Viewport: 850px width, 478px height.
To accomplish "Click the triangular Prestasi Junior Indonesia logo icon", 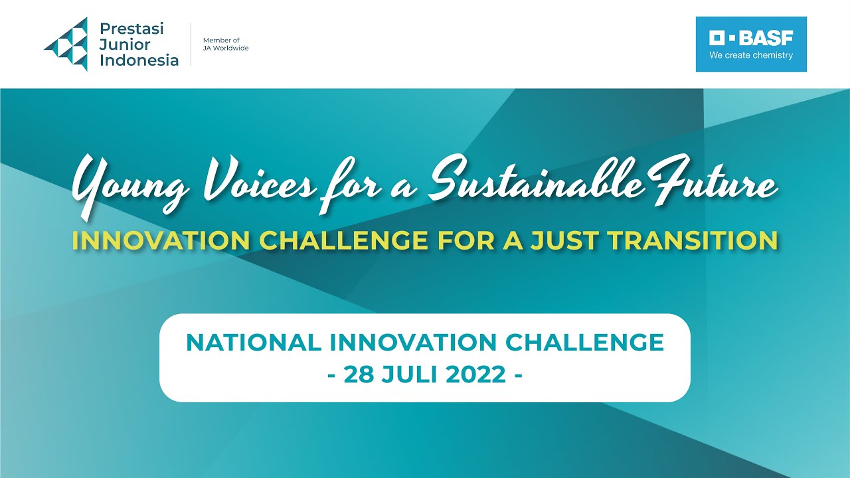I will click(x=67, y=44).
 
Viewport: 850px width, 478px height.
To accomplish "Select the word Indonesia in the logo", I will click(x=139, y=60).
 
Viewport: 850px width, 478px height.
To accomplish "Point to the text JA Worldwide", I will click(x=226, y=48).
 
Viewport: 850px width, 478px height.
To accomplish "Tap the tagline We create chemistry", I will click(x=751, y=56).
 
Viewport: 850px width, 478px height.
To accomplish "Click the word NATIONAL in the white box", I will click(x=252, y=343).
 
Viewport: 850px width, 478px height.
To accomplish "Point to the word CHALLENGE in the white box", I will click(x=584, y=343).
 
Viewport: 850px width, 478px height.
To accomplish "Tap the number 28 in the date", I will click(x=359, y=374).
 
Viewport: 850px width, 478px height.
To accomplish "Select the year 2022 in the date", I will click(x=476, y=374).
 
